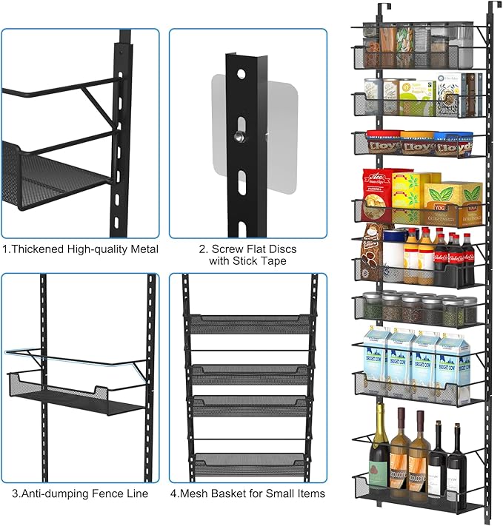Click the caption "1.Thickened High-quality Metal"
point(80,249)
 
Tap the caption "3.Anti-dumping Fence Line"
point(80,493)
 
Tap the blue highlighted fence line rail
point(74,357)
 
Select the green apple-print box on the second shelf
point(418,98)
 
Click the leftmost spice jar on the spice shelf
point(373,306)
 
